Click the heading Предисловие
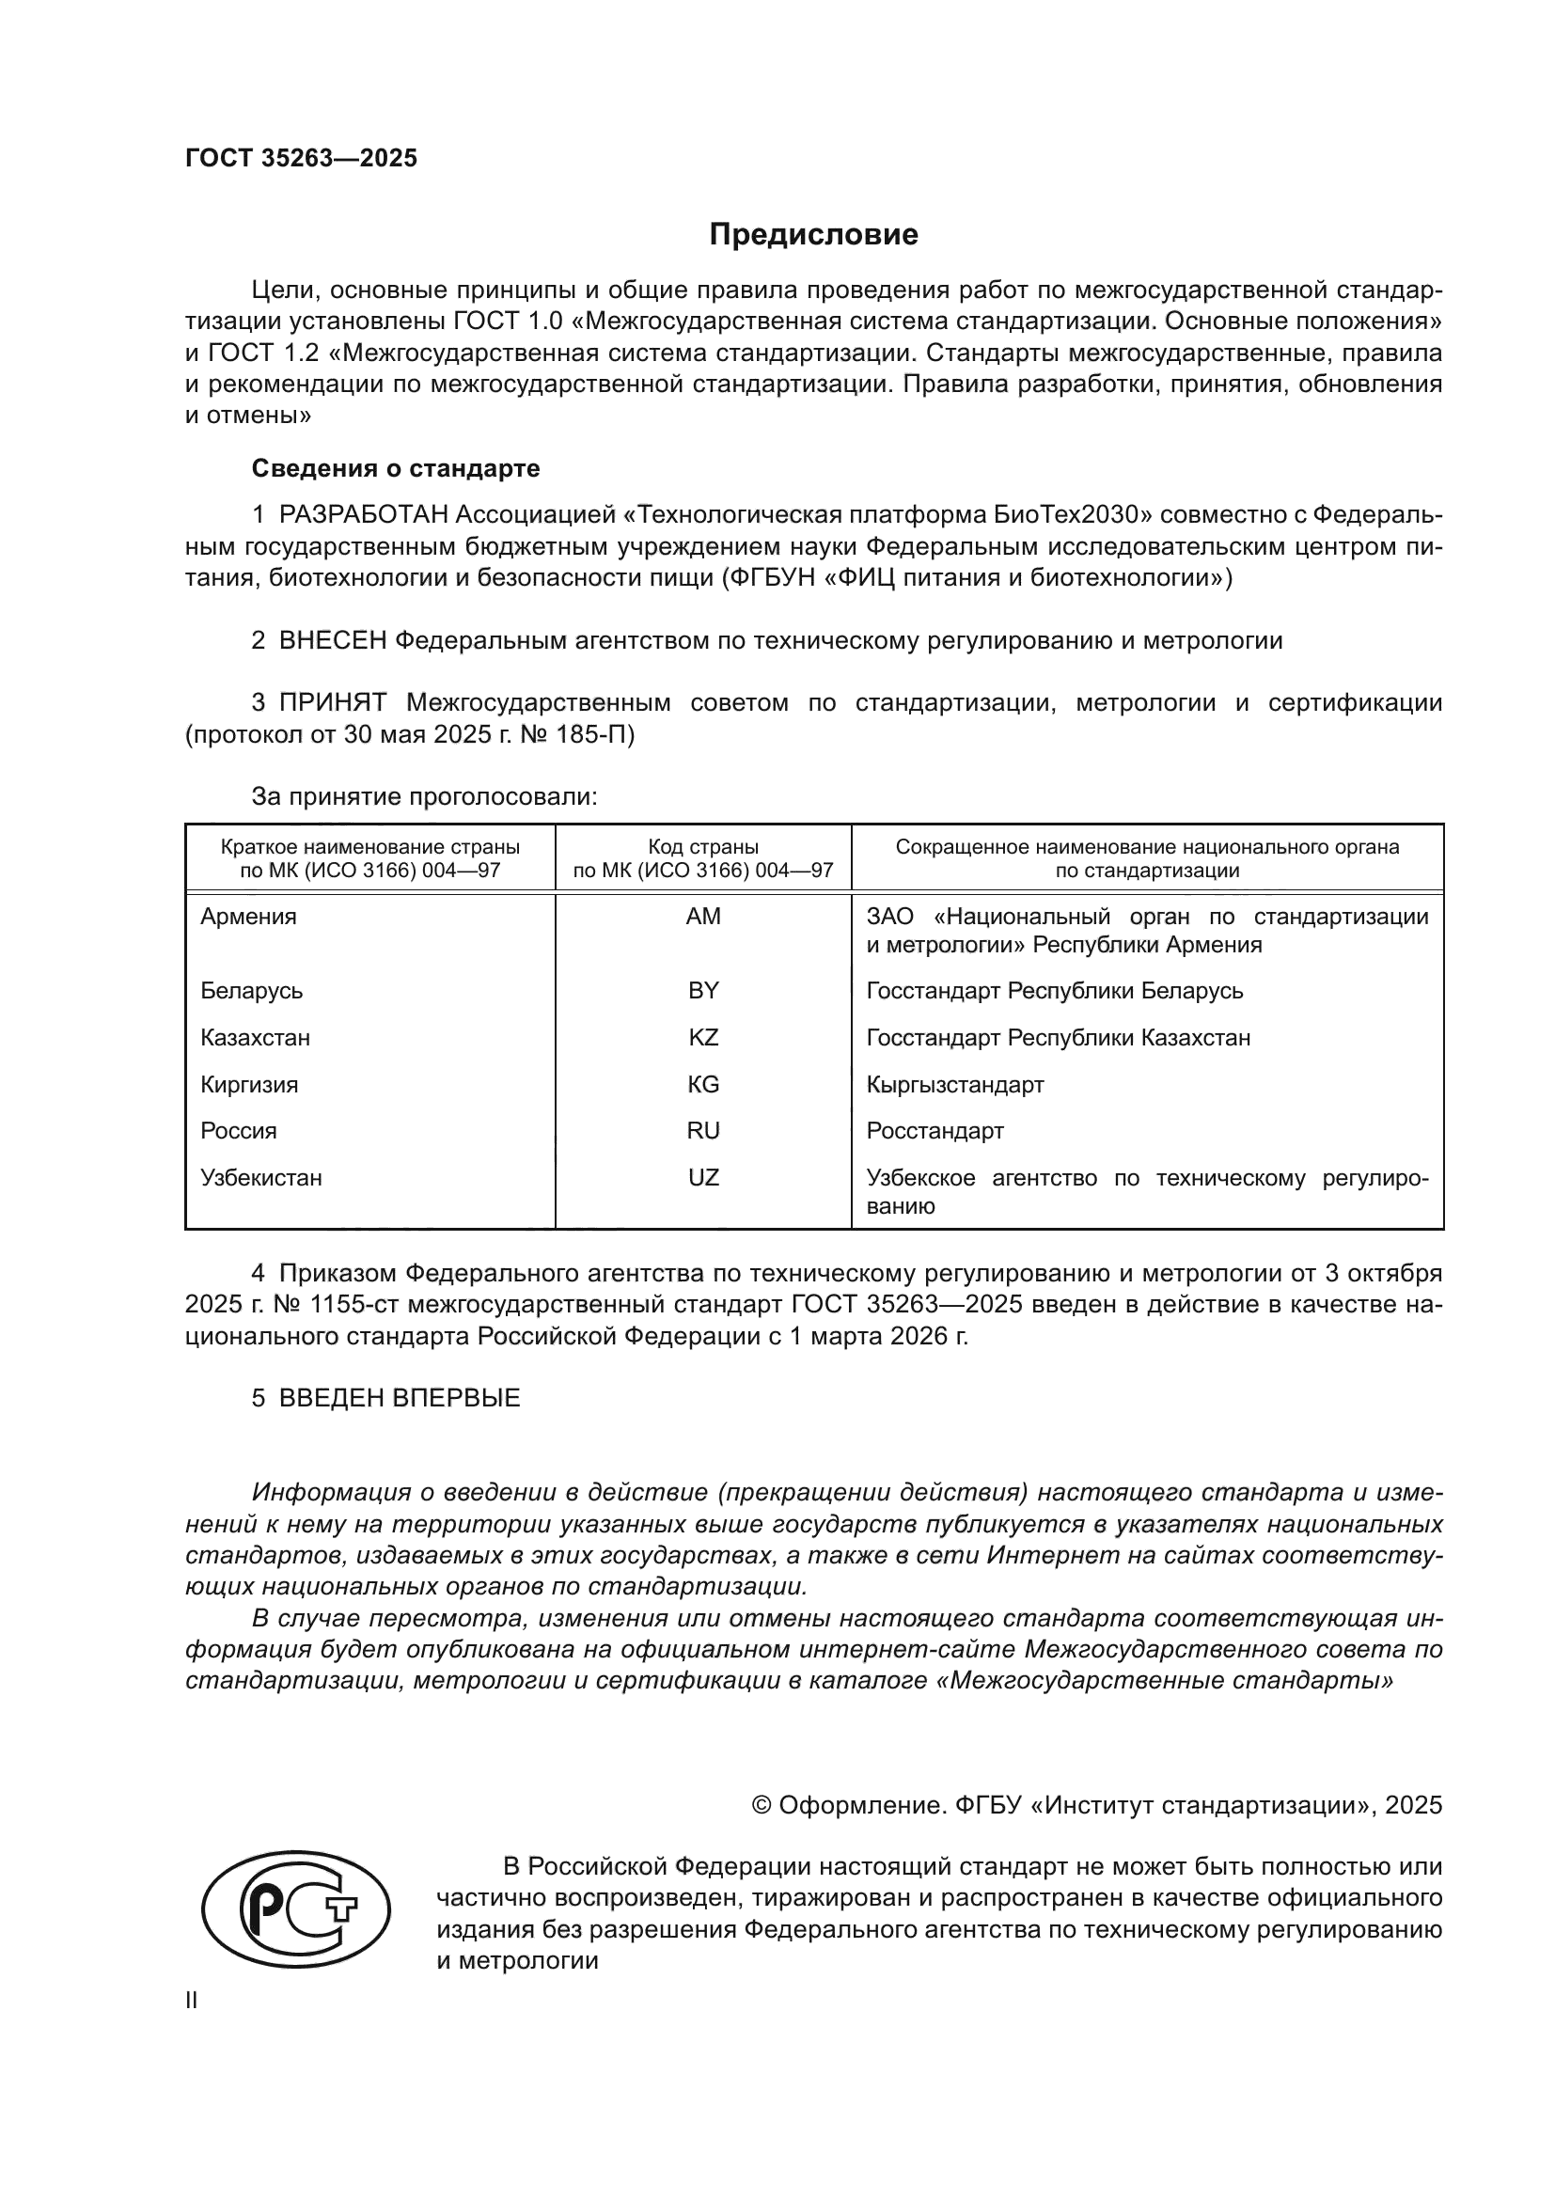813,235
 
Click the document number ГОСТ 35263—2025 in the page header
302,158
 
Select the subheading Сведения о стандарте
396,468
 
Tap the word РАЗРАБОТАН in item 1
363,515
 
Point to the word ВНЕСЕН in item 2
332,641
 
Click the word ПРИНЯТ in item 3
332,703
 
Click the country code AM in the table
703,917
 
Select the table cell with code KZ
703,1037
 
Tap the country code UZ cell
703,1177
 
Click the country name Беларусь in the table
252,990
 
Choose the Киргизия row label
249,1084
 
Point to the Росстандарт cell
935,1130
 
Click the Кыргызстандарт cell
954,1084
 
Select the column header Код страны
703,847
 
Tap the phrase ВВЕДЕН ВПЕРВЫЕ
400,1397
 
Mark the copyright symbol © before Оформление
762,1805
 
